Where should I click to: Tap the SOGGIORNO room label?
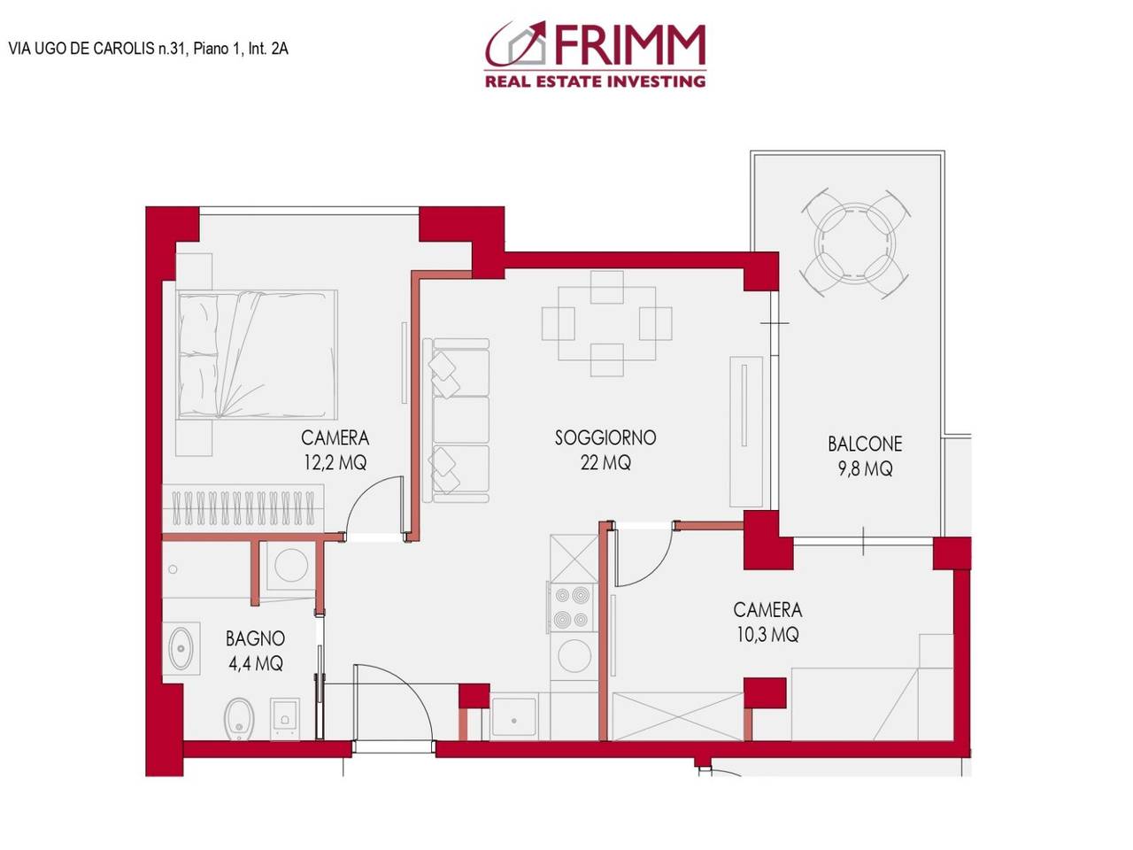coord(605,437)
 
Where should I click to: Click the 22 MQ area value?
coord(605,462)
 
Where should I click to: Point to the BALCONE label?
coord(865,444)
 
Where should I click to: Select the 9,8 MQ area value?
coord(865,468)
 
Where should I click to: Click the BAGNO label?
coord(255,638)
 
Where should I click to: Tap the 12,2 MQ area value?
coord(335,462)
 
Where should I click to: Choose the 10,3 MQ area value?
coord(767,634)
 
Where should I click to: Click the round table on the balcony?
coord(855,242)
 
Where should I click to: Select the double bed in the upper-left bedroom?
coord(257,354)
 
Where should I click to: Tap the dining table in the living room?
coord(606,324)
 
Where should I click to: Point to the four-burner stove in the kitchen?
coord(572,607)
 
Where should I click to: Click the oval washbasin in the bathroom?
coord(181,649)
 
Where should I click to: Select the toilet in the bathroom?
coord(238,718)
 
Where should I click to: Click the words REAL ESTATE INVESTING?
coord(595,81)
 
